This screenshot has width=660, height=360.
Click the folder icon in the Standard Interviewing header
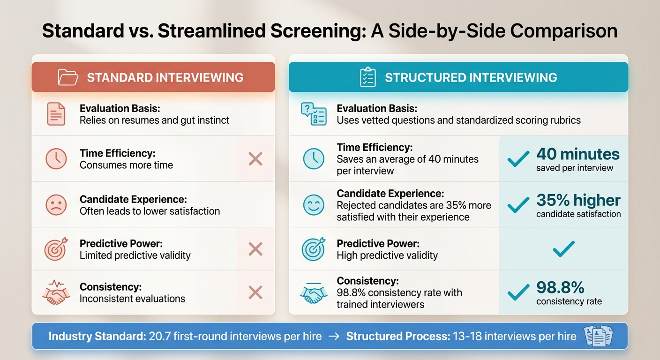[68, 77]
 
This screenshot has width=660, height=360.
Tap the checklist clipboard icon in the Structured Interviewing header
[367, 77]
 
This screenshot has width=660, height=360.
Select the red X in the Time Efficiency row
[255, 159]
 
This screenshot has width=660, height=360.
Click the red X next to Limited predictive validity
[255, 249]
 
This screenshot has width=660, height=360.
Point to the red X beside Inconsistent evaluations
[255, 293]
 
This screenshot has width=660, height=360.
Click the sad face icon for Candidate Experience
[56, 205]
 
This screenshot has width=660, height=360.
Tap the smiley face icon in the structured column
[313, 205]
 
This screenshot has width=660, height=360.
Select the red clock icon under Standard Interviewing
[56, 159]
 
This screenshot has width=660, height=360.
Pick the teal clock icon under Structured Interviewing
[313, 159]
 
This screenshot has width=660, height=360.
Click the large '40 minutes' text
[577, 154]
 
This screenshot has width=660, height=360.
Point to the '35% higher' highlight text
[578, 200]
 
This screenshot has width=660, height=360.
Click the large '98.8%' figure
[560, 287]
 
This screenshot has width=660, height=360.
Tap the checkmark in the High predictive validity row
[563, 249]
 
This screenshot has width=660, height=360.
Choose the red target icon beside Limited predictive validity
[56, 249]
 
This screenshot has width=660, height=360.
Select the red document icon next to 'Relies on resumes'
[56, 114]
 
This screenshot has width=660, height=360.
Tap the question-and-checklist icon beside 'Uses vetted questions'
[313, 114]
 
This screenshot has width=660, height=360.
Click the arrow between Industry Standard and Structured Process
[334, 336]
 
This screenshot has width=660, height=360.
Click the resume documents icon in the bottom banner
[599, 336]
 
